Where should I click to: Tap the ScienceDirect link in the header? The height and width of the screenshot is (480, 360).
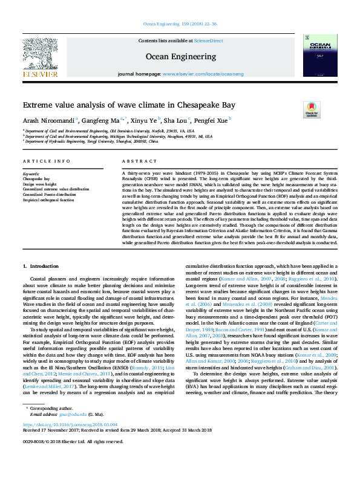tap(208, 41)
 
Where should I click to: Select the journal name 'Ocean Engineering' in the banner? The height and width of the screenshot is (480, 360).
tap(180, 56)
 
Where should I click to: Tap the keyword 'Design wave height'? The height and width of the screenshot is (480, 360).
tap(39, 184)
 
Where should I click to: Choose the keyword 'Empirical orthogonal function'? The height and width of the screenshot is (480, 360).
tap(48, 199)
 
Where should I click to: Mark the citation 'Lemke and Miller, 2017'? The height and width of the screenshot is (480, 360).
tap(47, 386)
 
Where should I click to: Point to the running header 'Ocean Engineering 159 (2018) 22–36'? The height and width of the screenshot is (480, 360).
tap(179, 24)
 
